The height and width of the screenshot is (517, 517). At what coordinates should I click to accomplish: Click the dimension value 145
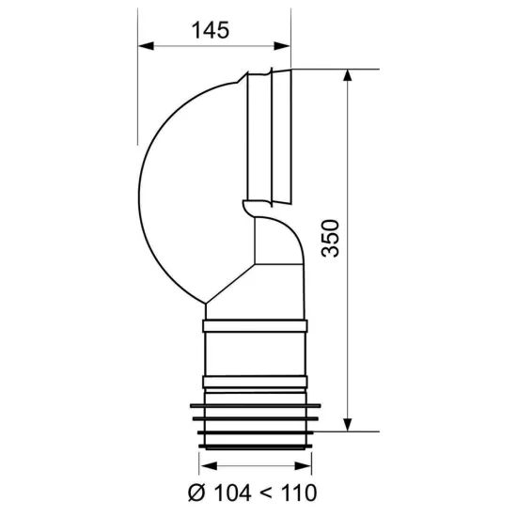coord(210,30)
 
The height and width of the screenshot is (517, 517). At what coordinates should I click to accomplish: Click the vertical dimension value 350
coord(330,238)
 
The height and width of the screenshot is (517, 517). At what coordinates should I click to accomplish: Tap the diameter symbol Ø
coord(196,493)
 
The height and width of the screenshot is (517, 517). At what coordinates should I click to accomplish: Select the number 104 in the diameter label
coord(233,493)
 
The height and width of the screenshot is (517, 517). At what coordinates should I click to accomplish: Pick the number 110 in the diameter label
coord(298,493)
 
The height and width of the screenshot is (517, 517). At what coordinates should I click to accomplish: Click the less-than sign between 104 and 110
coord(265,493)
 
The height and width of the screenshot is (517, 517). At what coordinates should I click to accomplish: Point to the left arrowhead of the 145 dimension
coord(146,46)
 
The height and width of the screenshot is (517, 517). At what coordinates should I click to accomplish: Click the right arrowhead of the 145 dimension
coord(282,46)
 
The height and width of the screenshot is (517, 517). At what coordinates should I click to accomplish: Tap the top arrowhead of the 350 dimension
coord(348,77)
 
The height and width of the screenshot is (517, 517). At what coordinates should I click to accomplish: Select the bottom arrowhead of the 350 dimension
coord(348,424)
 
